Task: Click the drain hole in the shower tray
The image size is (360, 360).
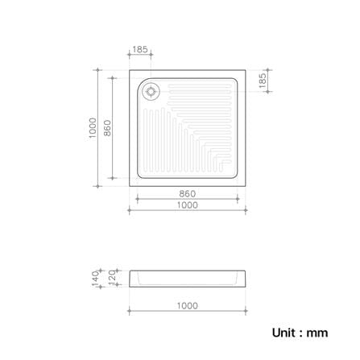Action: (151, 92)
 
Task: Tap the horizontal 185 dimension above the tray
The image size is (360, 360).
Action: (140, 50)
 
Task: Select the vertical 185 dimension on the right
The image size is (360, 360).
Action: (263, 81)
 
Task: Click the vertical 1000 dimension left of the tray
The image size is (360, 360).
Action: (93, 128)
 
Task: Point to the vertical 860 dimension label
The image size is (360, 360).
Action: (107, 128)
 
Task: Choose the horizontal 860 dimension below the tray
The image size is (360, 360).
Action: (188, 194)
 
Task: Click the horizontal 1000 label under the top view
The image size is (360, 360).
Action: (188, 205)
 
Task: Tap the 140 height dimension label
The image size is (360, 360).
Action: (95, 279)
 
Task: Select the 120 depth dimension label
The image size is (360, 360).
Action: (112, 276)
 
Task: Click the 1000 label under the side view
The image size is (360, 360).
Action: (188, 306)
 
